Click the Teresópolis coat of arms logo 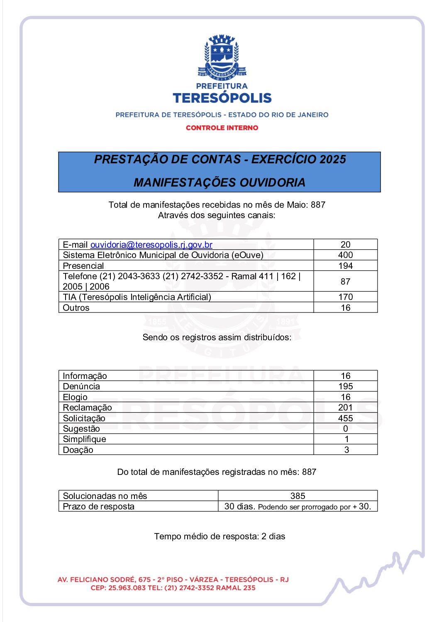pyautogui.click(x=222, y=57)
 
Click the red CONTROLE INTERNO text pyautogui.click(x=222, y=128)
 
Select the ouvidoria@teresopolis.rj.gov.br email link pyautogui.click(x=151, y=245)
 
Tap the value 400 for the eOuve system pyautogui.click(x=345, y=255)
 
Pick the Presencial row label pyautogui.click(x=83, y=266)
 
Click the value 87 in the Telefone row pyautogui.click(x=345, y=282)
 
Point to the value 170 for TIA pyautogui.click(x=345, y=297)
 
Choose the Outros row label pyautogui.click(x=76, y=308)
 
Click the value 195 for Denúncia pyautogui.click(x=345, y=386)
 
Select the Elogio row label pyautogui.click(x=75, y=397)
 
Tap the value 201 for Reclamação pyautogui.click(x=345, y=408)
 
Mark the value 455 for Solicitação pyautogui.click(x=345, y=418)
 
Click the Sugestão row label pyautogui.click(x=81, y=429)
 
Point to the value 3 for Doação pyautogui.click(x=346, y=450)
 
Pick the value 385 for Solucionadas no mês pyautogui.click(x=298, y=496)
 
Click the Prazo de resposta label pyautogui.click(x=99, y=506)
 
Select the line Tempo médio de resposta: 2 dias pyautogui.click(x=219, y=536)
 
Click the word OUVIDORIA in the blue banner pyautogui.click(x=272, y=182)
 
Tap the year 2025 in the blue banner pyautogui.click(x=332, y=160)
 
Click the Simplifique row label pyautogui.click(x=84, y=439)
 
